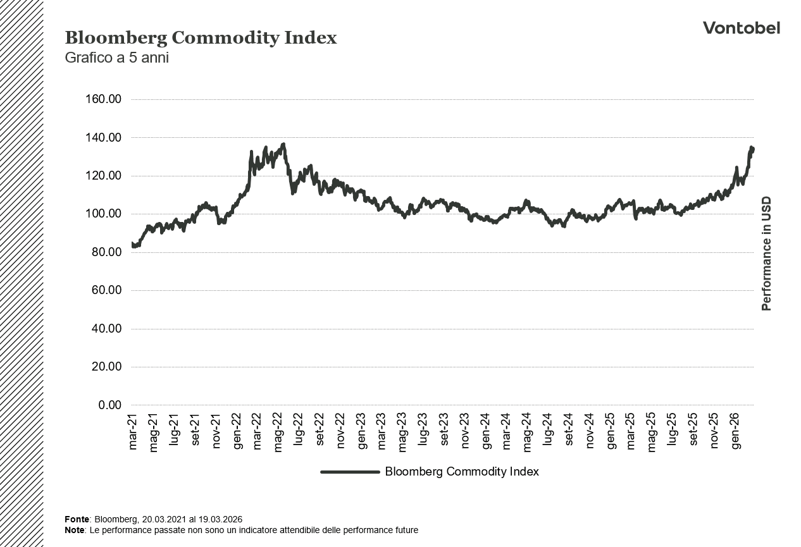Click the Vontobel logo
741,28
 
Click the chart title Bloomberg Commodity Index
201,38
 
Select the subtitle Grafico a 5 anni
116,58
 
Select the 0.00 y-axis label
109,405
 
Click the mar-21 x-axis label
133,431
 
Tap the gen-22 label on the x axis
237,431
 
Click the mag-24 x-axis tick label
528,431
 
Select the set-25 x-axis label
693,431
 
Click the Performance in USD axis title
766,253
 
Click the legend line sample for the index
349,472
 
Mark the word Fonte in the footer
77,519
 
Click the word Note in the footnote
75,530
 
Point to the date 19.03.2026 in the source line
221,519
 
